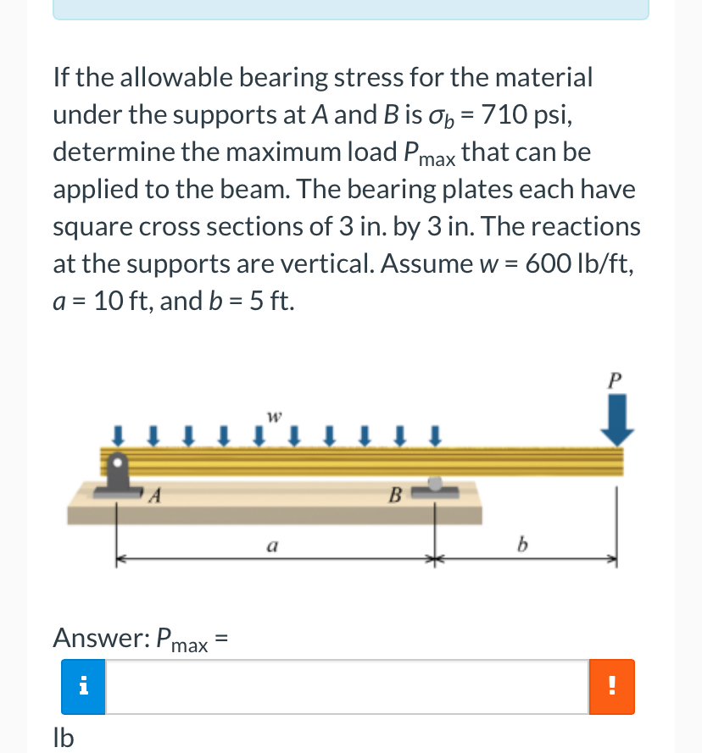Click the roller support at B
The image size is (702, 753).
coord(435,485)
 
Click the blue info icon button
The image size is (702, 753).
coord(83,687)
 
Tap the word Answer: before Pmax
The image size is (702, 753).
coord(100,638)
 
